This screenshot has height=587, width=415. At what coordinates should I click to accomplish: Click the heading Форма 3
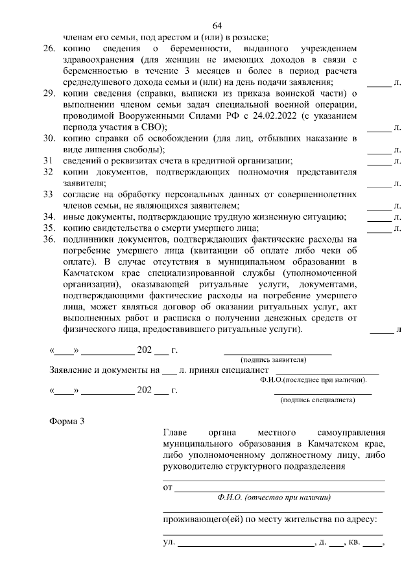67,422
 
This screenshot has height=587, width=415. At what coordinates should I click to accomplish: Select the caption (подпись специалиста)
317,400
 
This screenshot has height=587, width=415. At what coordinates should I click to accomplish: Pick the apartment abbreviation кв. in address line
355,542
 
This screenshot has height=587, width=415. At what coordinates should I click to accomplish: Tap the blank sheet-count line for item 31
379,161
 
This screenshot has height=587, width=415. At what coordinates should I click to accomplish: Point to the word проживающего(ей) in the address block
200,520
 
